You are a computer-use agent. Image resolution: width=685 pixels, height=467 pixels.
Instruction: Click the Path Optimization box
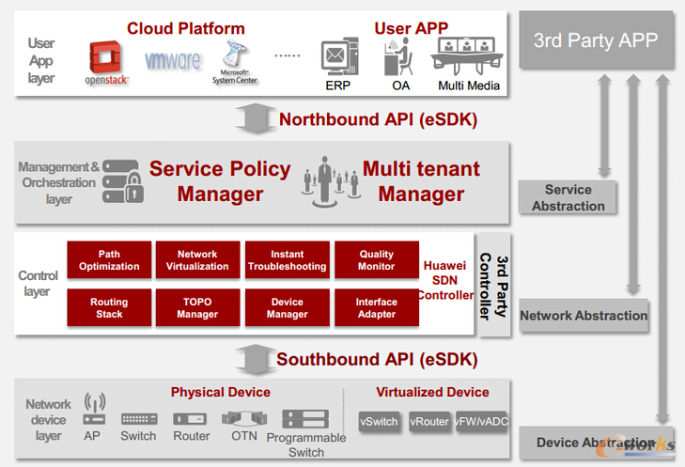[x=109, y=260]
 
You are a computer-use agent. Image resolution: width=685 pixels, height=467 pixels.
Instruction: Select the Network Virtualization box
[x=197, y=260]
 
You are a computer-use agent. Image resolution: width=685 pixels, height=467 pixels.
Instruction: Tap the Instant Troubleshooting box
[x=287, y=260]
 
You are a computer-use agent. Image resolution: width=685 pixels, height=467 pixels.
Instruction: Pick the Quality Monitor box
[x=376, y=260]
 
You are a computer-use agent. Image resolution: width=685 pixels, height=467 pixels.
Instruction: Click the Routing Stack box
[x=109, y=307]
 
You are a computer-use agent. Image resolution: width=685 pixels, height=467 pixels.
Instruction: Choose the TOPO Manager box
[x=197, y=307]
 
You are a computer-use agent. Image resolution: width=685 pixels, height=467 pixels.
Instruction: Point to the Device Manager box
[x=287, y=307]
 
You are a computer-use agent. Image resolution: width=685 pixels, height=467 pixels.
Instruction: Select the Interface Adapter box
[x=376, y=307]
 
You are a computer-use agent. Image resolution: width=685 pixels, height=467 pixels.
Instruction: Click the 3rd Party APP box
[x=597, y=39]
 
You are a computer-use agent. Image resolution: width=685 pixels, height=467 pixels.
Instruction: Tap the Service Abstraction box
[x=568, y=198]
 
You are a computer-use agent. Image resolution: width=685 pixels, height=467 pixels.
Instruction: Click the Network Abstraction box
[x=584, y=316]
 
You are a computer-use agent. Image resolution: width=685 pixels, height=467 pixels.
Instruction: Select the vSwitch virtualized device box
[x=379, y=422]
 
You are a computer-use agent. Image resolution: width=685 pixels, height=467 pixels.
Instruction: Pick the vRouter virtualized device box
[x=428, y=422]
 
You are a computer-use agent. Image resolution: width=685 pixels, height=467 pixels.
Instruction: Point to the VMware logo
[x=173, y=61]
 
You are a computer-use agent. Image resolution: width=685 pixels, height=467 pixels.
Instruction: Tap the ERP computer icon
[x=337, y=58]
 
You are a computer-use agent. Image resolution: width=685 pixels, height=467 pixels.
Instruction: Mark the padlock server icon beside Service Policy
[x=123, y=180]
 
